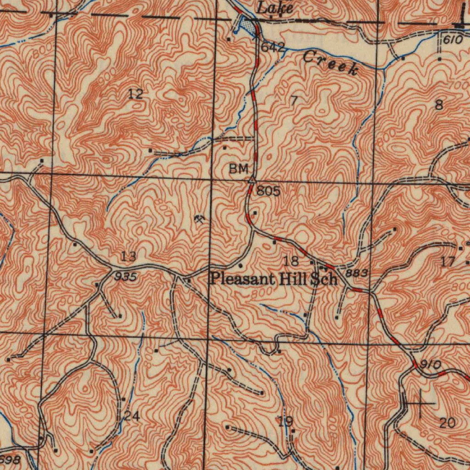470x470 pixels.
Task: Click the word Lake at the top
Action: [x=274, y=7]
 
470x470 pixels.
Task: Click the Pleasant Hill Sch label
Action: [x=274, y=279]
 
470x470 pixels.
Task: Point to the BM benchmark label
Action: [x=238, y=169]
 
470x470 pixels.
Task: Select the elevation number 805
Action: [x=269, y=191]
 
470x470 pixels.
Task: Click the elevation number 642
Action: [x=273, y=47]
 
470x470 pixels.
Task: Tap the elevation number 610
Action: [x=453, y=40]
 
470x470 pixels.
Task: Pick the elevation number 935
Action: [x=125, y=277]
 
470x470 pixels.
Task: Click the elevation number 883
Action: [x=357, y=273]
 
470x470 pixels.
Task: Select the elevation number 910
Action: [x=431, y=365]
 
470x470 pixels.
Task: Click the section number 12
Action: [x=135, y=95]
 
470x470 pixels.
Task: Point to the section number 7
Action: [x=294, y=101]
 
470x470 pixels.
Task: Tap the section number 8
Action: [x=439, y=105]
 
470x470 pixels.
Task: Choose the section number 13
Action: [x=129, y=257]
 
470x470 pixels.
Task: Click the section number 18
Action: [x=291, y=262]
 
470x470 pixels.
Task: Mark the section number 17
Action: [x=448, y=262]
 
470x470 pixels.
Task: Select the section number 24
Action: [x=132, y=417]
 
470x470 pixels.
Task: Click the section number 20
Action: [x=447, y=423]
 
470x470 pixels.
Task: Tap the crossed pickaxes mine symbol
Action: [x=200, y=220]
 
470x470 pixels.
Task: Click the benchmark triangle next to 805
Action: [x=252, y=181]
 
